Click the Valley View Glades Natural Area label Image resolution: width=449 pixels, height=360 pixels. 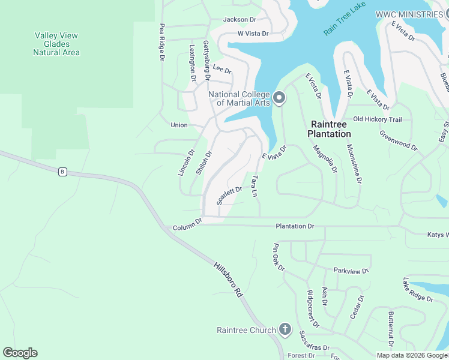point(56,44)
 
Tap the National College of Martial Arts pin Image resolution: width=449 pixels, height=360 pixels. point(279,98)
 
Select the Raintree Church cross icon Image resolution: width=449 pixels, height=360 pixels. point(285,330)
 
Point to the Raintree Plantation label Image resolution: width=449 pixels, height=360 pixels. point(330,129)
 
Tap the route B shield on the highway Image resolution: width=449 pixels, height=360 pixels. point(62,172)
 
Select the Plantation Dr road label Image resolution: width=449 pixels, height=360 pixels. point(295,226)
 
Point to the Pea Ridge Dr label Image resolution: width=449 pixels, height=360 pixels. point(161,43)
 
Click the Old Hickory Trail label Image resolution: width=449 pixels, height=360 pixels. point(377,119)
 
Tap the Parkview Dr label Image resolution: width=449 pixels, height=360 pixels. point(351,271)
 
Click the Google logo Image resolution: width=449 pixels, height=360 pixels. point(20,353)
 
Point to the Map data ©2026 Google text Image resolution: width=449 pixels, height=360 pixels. point(412,355)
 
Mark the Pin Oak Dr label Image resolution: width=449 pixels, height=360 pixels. point(279,257)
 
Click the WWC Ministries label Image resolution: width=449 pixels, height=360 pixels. point(409,14)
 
